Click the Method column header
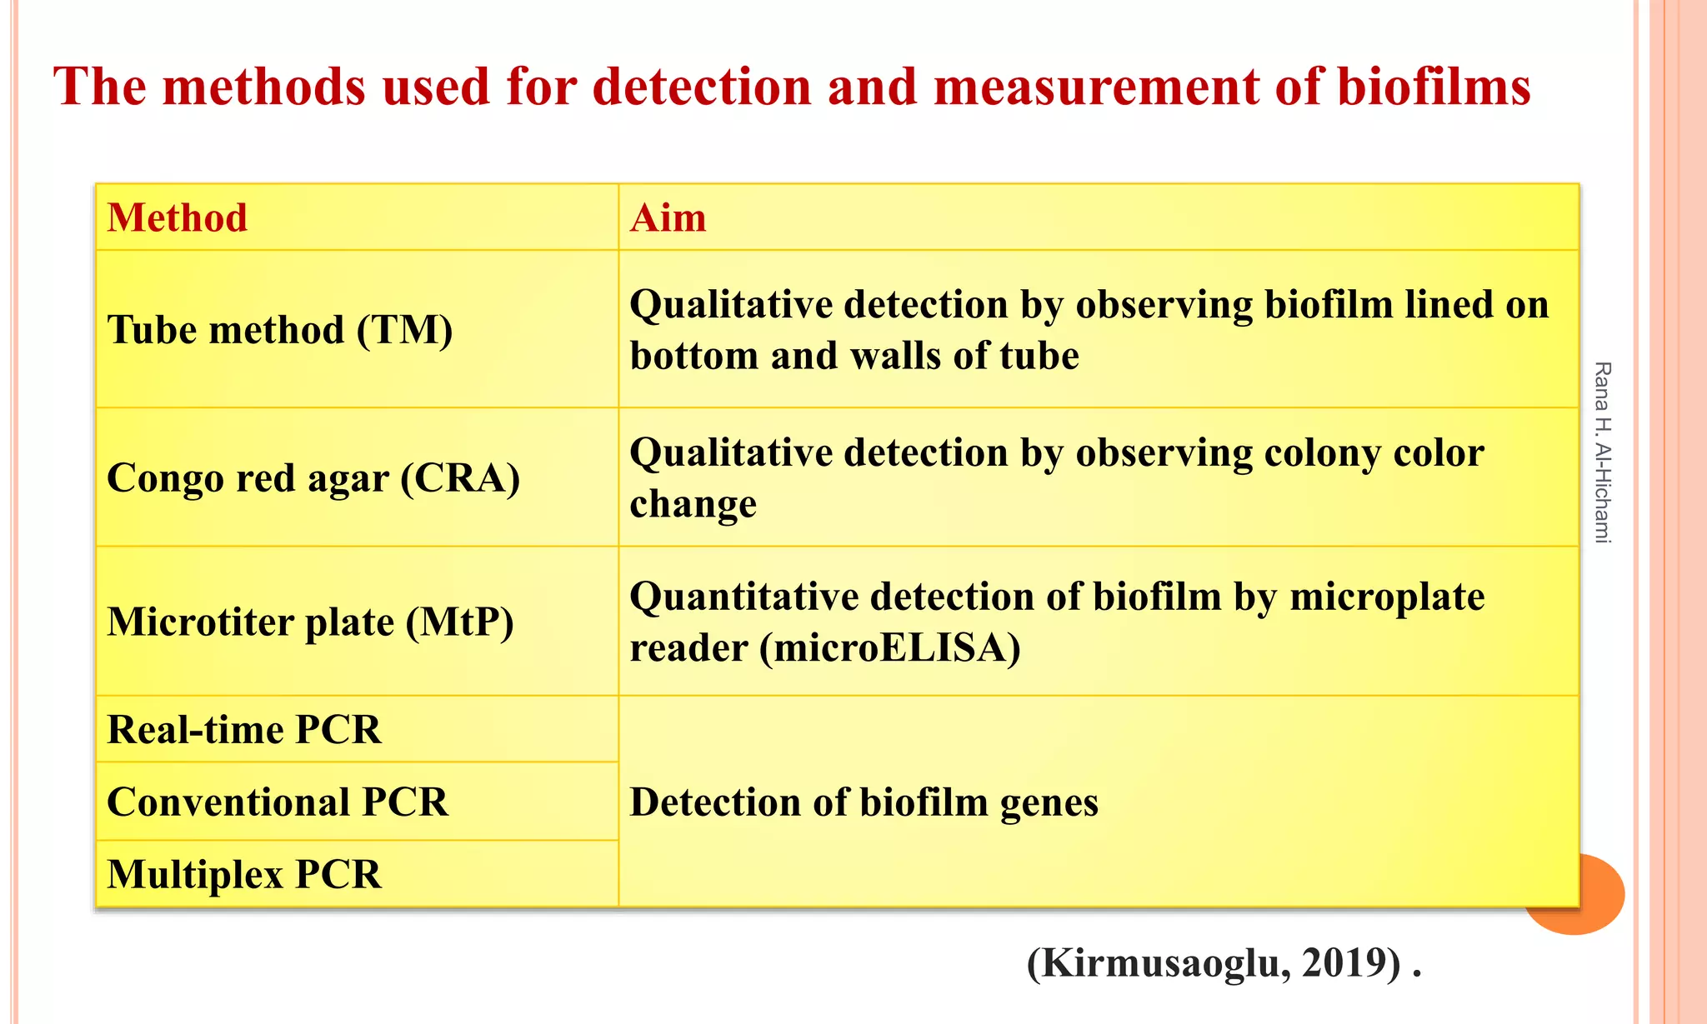178,218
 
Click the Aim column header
668,218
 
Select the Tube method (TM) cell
280,330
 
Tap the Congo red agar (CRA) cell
313,478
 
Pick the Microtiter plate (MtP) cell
310,622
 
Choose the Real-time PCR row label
244,730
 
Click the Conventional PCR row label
278,802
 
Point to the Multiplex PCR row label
244,875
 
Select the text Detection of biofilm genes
864,802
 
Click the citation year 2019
1350,963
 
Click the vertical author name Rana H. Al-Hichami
1602,452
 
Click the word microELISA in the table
890,648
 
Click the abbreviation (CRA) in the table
460,478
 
